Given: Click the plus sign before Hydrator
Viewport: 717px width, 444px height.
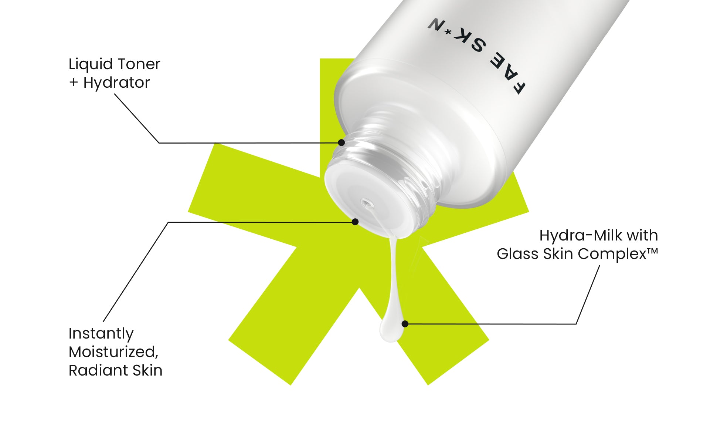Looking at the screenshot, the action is click(x=74, y=83).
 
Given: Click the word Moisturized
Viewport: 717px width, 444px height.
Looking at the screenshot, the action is click(x=113, y=352).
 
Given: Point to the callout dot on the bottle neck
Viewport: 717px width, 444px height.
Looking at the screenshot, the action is click(x=341, y=142).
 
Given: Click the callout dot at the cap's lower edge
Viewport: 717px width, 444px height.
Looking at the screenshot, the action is click(x=355, y=222).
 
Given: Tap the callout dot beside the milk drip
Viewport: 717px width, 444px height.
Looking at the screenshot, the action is click(x=405, y=324).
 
